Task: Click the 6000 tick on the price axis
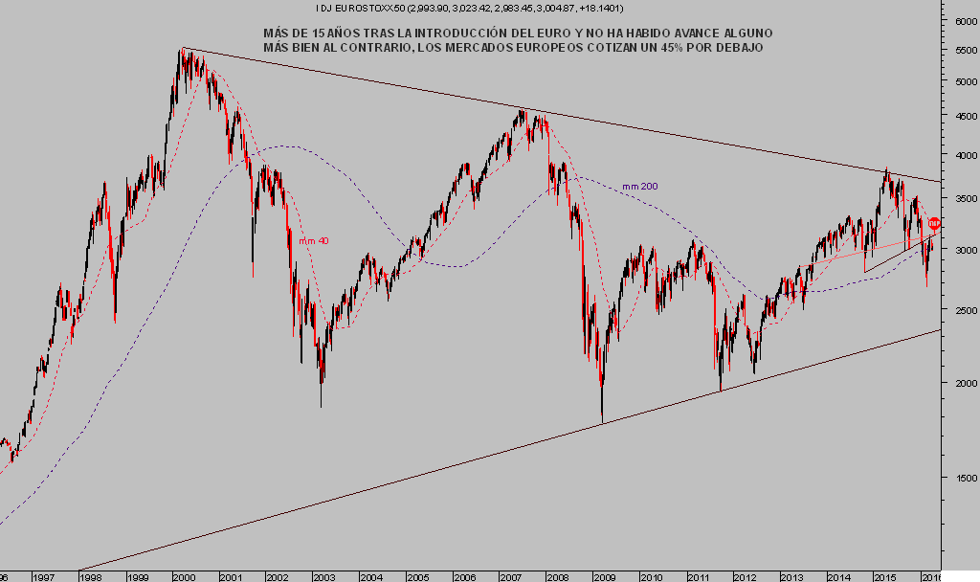(x=960, y=20)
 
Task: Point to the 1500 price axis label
(x=960, y=478)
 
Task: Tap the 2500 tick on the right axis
(x=960, y=310)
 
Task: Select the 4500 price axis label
(x=960, y=117)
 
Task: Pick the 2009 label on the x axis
(x=604, y=576)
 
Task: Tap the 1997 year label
(x=42, y=576)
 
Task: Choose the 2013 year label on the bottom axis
(x=791, y=576)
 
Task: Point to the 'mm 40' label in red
(x=314, y=241)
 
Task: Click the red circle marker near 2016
(x=935, y=223)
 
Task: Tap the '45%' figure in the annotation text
(x=667, y=48)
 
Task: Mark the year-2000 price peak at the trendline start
(x=182, y=49)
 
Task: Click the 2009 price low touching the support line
(x=602, y=421)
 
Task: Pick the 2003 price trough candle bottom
(x=321, y=407)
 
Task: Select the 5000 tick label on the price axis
(x=960, y=81)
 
